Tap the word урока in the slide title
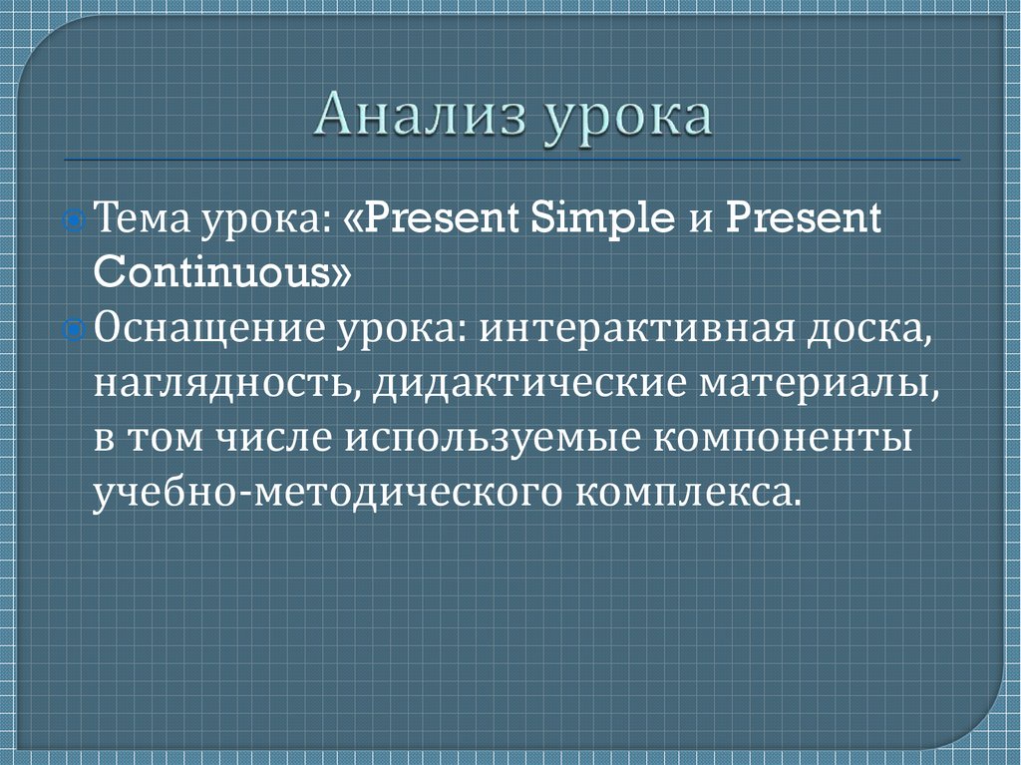click(628, 119)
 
